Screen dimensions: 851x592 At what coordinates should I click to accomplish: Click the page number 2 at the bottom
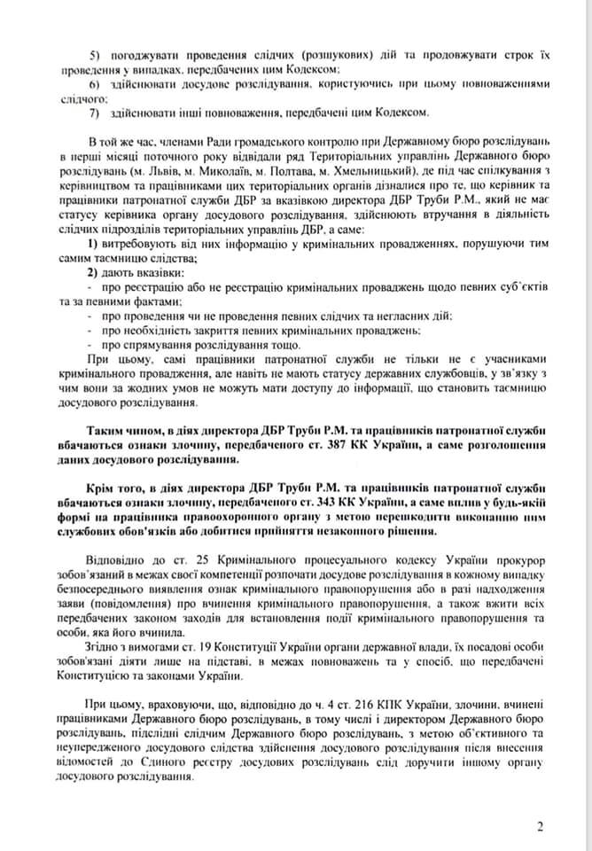539,826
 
